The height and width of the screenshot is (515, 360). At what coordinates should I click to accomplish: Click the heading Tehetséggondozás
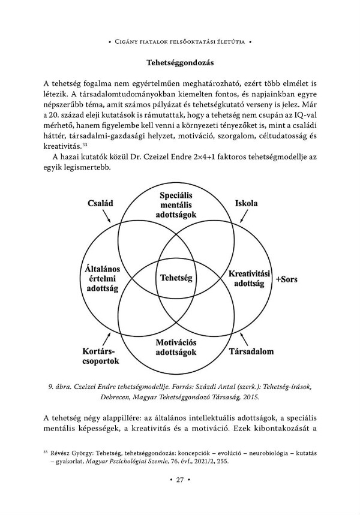(x=181, y=62)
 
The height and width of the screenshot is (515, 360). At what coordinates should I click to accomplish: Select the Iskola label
(x=246, y=203)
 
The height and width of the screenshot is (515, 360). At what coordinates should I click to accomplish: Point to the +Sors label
(x=286, y=279)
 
